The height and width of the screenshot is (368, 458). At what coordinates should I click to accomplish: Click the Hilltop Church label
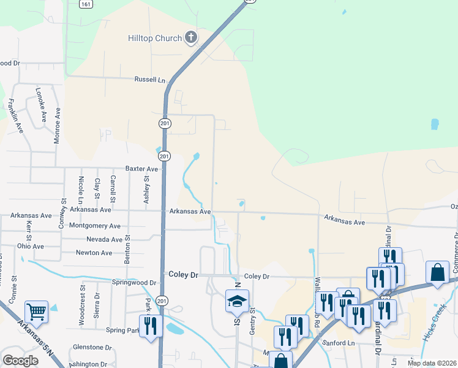click(155, 38)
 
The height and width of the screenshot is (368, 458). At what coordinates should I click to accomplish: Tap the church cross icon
click(190, 38)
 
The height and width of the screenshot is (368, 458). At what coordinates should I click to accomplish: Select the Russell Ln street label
click(150, 80)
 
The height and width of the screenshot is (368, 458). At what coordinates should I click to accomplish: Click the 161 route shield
click(86, 4)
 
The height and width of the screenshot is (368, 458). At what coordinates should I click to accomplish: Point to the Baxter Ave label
click(141, 168)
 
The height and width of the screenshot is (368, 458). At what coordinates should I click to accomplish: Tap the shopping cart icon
click(36, 312)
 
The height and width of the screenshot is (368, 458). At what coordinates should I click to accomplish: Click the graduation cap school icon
click(237, 301)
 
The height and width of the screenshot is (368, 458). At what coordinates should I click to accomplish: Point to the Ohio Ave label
click(31, 246)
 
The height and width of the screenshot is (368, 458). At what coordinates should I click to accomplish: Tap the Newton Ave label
click(94, 253)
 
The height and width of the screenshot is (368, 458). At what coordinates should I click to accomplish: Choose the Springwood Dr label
click(134, 282)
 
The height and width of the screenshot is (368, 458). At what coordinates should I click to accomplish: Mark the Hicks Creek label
click(433, 324)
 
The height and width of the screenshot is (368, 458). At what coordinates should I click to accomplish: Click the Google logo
click(20, 361)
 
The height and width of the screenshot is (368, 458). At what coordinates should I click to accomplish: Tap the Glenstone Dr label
click(92, 347)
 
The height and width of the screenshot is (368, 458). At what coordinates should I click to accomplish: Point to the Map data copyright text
click(432, 363)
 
